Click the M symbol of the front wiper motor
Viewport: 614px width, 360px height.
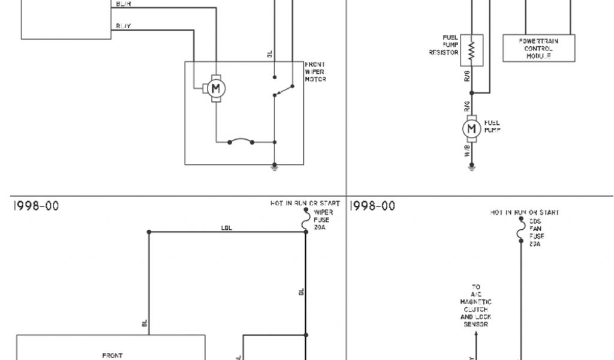pyautogui.click(x=216, y=89)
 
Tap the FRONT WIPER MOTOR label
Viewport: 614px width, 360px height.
pyautogui.click(x=315, y=72)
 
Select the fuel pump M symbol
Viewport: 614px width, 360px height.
pyautogui.click(x=471, y=128)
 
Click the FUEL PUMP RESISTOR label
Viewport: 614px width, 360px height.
pyautogui.click(x=444, y=45)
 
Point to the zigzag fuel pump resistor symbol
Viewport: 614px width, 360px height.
pyautogui.click(x=471, y=49)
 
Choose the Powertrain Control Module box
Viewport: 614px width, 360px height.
pyautogui.click(x=538, y=48)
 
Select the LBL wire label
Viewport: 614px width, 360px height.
pyautogui.click(x=227, y=228)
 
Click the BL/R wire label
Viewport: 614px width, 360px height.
pyautogui.click(x=124, y=4)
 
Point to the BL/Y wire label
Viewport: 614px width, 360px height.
pyautogui.click(x=124, y=26)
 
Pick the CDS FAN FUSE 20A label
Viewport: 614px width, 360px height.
pyautogui.click(x=535, y=232)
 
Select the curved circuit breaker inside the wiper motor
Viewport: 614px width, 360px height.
pyautogui.click(x=241, y=142)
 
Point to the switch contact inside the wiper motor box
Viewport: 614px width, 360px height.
pyautogui.click(x=283, y=90)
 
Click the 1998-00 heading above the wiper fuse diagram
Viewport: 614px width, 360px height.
pyautogui.click(x=36, y=206)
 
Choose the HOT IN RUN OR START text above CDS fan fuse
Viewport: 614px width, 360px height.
pyautogui.click(x=525, y=212)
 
